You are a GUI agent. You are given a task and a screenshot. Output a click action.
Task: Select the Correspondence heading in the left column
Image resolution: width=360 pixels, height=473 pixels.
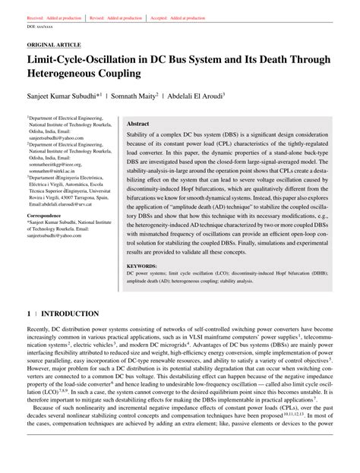[x=49, y=237]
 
